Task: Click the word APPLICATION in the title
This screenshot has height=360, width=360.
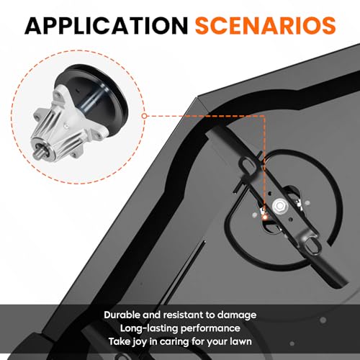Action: click(x=107, y=26)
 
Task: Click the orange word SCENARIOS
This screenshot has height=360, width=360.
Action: click(x=266, y=26)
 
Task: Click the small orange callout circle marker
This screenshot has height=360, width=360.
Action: click(x=144, y=116)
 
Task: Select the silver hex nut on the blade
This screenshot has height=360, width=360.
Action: click(x=279, y=206)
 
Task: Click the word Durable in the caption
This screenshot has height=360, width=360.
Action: click(x=122, y=315)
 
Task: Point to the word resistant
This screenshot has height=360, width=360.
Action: click(x=183, y=315)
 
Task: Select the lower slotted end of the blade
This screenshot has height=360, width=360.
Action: click(x=312, y=246)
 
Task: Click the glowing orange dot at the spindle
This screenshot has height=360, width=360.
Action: click(x=264, y=217)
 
